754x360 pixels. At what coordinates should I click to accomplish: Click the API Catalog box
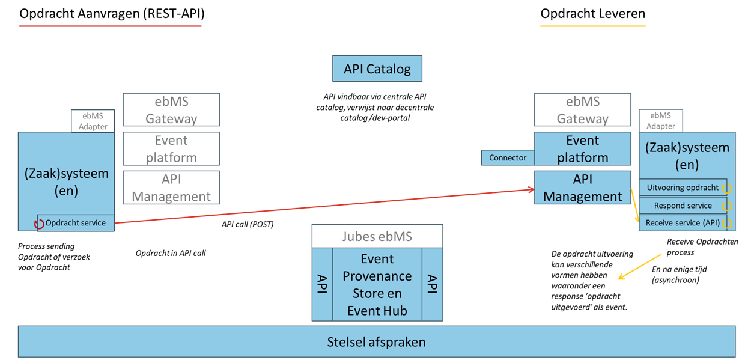point(377,69)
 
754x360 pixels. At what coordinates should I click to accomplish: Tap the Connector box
point(508,157)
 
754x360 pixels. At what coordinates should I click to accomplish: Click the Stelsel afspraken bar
point(377,342)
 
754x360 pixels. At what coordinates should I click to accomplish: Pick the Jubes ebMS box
point(377,236)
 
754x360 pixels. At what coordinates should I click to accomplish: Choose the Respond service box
point(683,206)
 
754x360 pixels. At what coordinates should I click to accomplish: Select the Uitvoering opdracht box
point(683,188)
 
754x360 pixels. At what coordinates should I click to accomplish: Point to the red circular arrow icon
point(39,224)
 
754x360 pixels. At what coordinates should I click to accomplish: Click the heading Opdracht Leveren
point(592,13)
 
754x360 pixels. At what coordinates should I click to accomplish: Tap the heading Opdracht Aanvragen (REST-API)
point(112,13)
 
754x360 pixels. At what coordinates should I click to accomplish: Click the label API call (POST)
point(248,225)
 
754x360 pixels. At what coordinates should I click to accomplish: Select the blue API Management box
point(582,188)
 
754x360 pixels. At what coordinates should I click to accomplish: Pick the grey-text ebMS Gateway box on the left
point(171,109)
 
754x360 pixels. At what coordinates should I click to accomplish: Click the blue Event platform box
point(582,148)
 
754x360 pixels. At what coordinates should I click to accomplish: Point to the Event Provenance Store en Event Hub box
point(377,284)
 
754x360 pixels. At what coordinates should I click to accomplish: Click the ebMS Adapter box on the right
point(660,121)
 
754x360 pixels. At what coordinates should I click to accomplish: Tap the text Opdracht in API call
point(171,253)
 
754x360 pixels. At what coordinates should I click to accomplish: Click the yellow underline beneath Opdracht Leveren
point(592,26)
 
